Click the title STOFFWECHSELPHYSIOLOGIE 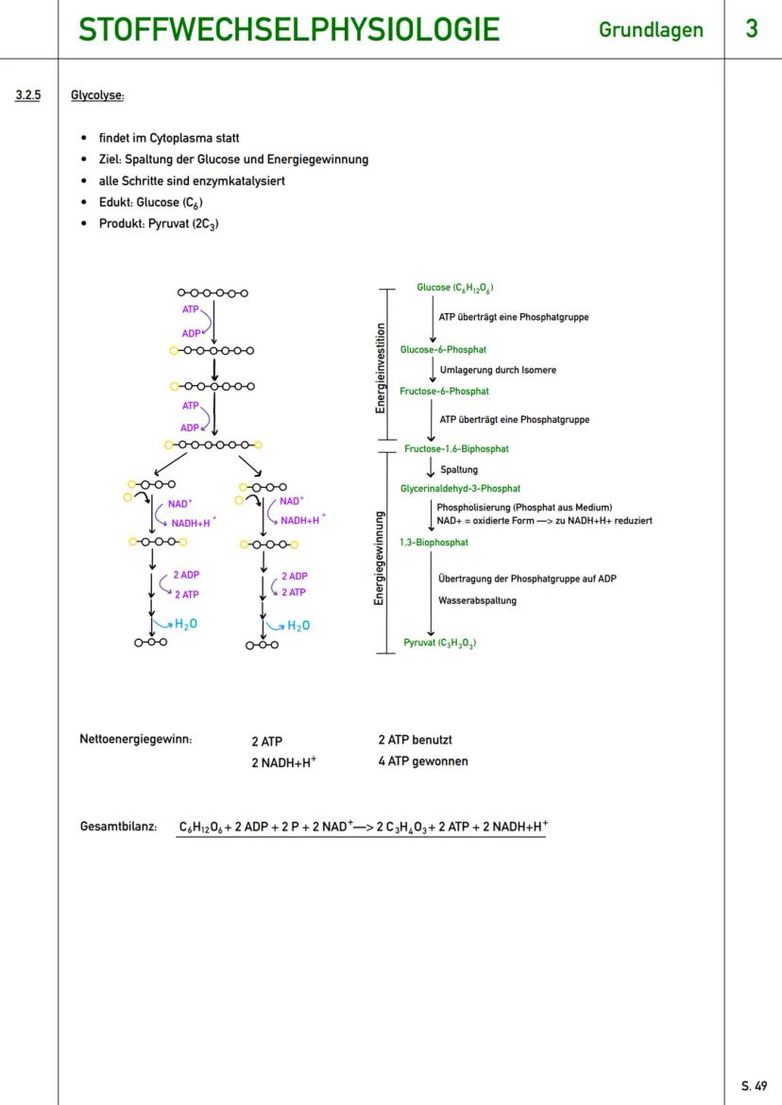point(288,30)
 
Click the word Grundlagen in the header point(651,30)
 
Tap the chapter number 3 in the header point(751,29)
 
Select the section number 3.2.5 point(28,95)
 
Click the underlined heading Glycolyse point(97,95)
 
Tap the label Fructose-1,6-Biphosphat point(456,449)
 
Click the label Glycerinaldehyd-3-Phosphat point(460,489)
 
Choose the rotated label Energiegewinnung point(380,557)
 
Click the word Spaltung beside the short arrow point(459,469)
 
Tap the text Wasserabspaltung point(477,600)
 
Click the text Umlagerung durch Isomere point(498,370)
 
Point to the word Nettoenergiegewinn point(136,740)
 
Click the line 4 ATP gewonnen point(422,761)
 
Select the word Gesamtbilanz point(118,828)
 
